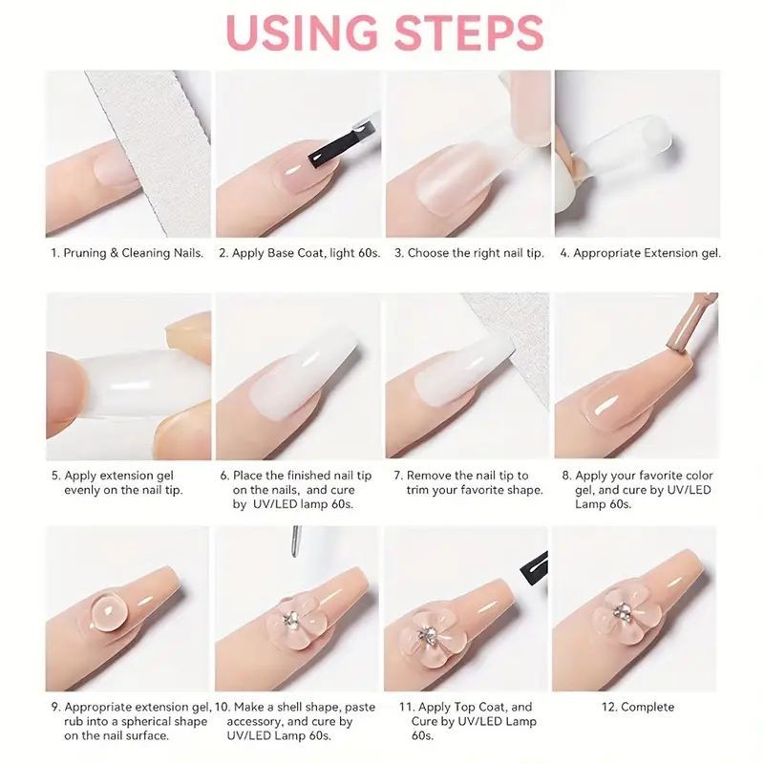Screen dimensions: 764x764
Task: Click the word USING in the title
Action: [302, 32]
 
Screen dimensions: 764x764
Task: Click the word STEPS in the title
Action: [469, 32]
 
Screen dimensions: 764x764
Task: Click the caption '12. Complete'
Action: [638, 707]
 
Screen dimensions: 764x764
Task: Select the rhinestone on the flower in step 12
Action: [622, 610]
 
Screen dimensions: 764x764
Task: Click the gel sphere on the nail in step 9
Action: [107, 609]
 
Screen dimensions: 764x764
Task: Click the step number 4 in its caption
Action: [564, 253]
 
